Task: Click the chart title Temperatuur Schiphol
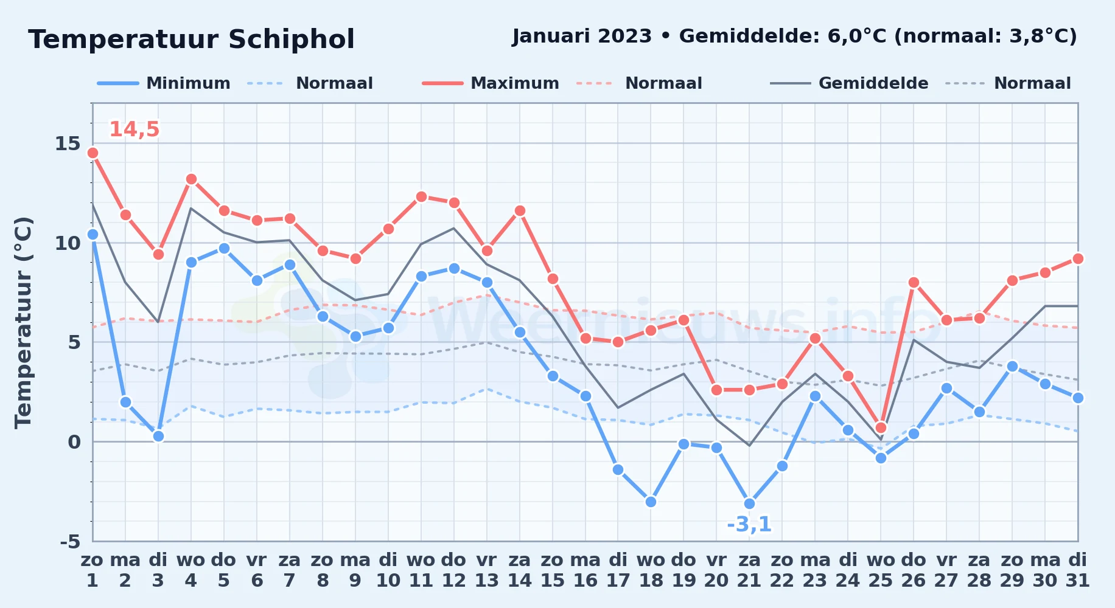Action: [x=191, y=40]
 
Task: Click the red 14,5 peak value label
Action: [x=134, y=130]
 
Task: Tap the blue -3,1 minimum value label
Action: [x=749, y=524]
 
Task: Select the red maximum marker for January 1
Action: [x=93, y=153]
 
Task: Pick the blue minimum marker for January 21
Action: [x=749, y=503]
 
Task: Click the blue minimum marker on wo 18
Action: [x=651, y=502]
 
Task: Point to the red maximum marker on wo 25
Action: [x=881, y=427]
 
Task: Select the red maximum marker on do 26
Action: [x=914, y=282]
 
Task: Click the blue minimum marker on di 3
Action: [x=158, y=436]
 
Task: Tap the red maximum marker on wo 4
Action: [x=191, y=179]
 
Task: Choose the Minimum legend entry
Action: [x=164, y=83]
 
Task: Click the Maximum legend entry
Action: [x=491, y=83]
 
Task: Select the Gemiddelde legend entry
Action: [x=850, y=83]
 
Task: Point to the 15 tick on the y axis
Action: [x=68, y=143]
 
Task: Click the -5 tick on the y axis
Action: [x=70, y=541]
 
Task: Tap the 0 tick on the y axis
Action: [x=74, y=442]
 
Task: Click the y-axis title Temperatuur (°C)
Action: [x=23, y=322]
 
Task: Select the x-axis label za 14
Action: [x=520, y=570]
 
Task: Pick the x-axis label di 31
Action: [x=1078, y=570]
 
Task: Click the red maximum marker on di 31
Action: [x=1078, y=258]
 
